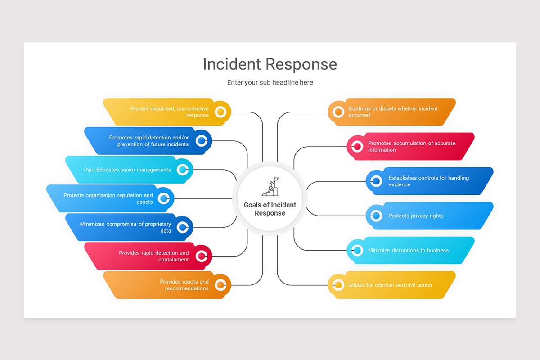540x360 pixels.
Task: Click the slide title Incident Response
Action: pyautogui.click(x=270, y=64)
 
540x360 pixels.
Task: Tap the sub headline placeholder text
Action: pyautogui.click(x=270, y=83)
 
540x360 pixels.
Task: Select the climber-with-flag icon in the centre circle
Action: pyautogui.click(x=270, y=187)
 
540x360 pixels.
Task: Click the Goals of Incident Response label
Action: pyautogui.click(x=270, y=209)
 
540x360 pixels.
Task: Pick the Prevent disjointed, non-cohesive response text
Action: pyautogui.click(x=170, y=112)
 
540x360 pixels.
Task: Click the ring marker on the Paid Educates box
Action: pyautogui.click(x=182, y=170)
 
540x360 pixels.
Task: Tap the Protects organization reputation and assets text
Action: pyautogui.click(x=108, y=198)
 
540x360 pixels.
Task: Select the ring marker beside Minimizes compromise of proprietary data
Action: pyautogui.click(x=182, y=227)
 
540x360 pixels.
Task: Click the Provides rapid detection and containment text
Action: pyautogui.click(x=154, y=256)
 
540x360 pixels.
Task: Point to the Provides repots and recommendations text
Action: pyautogui.click(x=184, y=285)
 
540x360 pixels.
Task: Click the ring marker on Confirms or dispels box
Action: pyautogui.click(x=338, y=112)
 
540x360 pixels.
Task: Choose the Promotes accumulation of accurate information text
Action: pyautogui.click(x=411, y=147)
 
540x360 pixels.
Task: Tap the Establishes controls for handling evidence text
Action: pyautogui.click(x=428, y=181)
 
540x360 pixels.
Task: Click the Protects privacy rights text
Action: pyautogui.click(x=416, y=216)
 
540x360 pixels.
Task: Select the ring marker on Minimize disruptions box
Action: pyautogui.click(x=357, y=250)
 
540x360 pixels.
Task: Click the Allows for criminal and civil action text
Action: pyautogui.click(x=390, y=285)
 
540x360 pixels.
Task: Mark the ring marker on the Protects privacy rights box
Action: pyautogui.click(x=376, y=216)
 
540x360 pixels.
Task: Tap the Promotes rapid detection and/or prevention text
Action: pyautogui.click(x=149, y=141)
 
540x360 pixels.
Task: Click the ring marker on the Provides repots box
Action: pyautogui.click(x=220, y=285)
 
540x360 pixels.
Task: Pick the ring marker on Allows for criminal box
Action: pyautogui.click(x=338, y=285)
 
